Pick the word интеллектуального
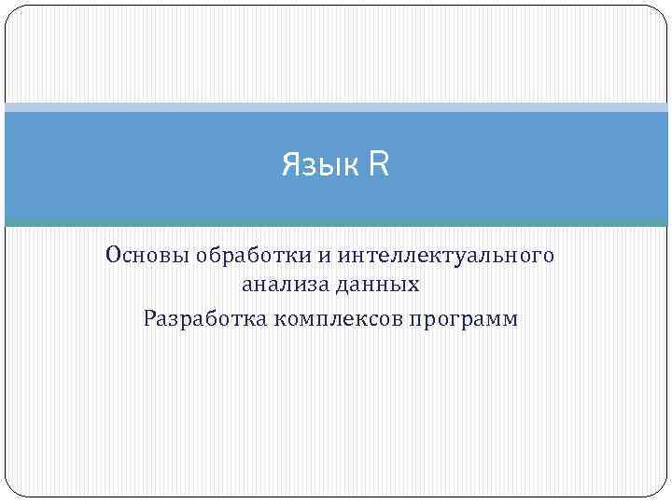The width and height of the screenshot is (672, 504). point(446,255)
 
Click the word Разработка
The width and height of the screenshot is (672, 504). point(205,319)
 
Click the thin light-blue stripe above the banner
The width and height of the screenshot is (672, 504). point(336,107)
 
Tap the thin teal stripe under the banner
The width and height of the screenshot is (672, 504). point(336,223)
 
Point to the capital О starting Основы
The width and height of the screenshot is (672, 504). point(113,255)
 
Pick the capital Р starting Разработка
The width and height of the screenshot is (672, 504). point(150,319)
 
